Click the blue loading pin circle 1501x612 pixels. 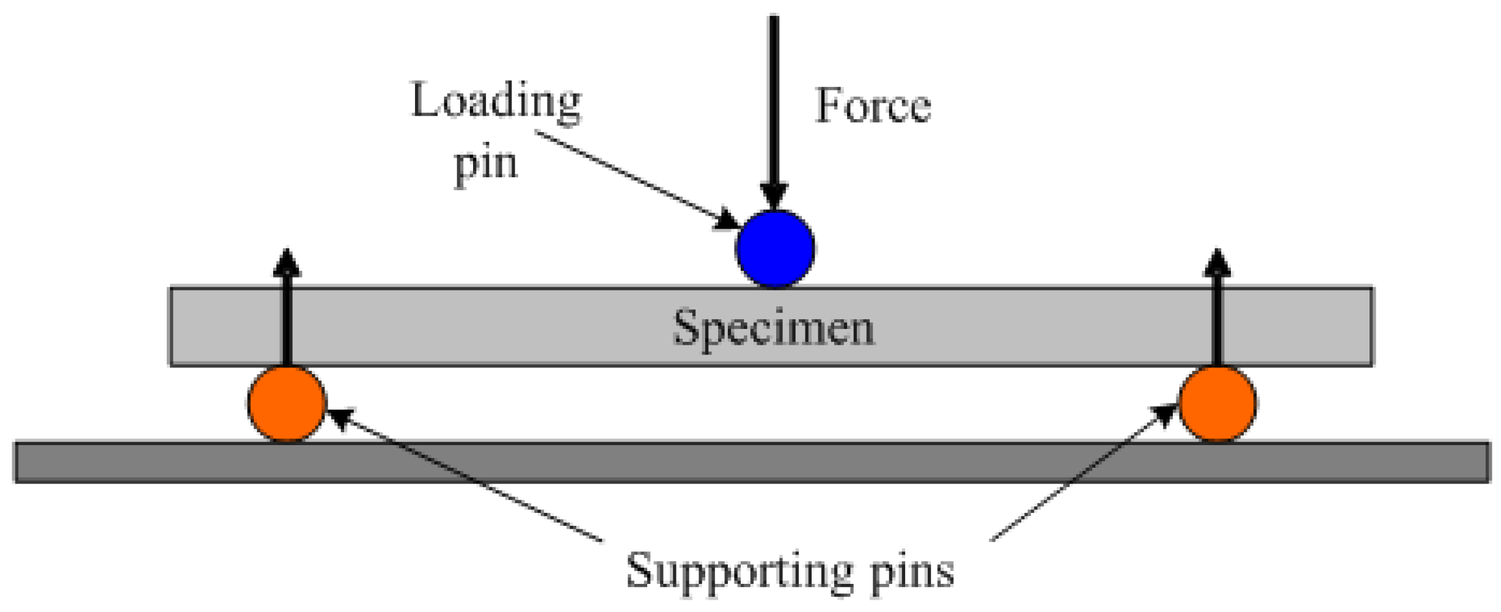click(775, 248)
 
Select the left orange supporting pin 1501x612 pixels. click(287, 404)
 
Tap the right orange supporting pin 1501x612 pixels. click(1217, 404)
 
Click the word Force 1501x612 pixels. click(873, 106)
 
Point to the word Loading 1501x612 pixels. click(496, 101)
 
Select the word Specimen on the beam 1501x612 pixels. click(774, 328)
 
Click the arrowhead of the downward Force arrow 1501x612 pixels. click(774, 196)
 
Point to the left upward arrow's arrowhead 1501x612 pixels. click(287, 263)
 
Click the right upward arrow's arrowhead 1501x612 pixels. click(1217, 263)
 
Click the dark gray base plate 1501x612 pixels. click(752, 462)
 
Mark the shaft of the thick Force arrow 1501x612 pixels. click(774, 98)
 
